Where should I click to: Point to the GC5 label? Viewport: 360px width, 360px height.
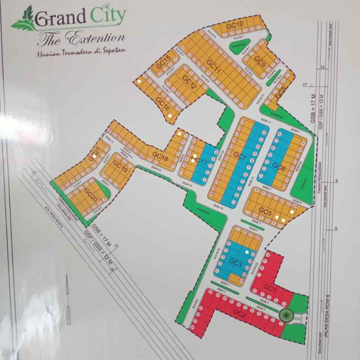pos(266,211)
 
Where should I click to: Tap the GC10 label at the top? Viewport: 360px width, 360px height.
pos(235,25)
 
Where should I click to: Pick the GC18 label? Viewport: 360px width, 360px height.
pos(160,155)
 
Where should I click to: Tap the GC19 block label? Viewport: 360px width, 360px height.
pos(120,166)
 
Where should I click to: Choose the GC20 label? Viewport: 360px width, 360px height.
pos(91,196)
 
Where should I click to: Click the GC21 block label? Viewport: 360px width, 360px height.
pos(94,155)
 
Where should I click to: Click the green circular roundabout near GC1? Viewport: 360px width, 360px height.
pos(285,315)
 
